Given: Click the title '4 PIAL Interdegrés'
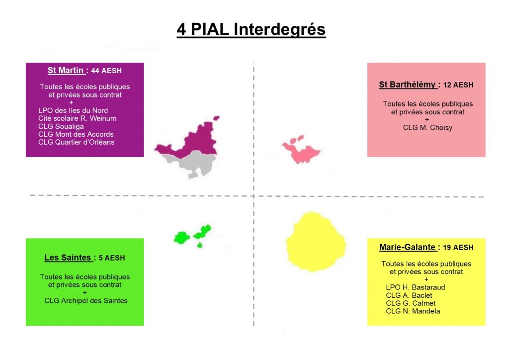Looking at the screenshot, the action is (x=251, y=29).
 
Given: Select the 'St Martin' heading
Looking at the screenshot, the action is (x=66, y=71).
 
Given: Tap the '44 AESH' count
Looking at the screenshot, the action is (x=106, y=71).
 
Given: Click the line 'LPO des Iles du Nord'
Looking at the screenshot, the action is (x=73, y=110).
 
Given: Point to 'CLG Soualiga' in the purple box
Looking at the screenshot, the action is (x=61, y=126).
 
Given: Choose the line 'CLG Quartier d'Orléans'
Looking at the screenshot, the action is (x=76, y=142).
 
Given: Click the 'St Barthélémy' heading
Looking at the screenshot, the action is (x=407, y=85).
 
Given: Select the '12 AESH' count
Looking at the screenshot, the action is (x=458, y=85).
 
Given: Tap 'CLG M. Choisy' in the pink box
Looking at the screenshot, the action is (x=427, y=128).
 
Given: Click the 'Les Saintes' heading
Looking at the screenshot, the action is (x=68, y=258).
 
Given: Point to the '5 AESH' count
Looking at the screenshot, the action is (x=112, y=258).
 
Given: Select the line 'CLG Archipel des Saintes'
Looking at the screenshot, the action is (x=85, y=301).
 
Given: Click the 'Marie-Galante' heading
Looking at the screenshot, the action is (x=407, y=247).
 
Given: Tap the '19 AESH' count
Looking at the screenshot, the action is (x=458, y=248).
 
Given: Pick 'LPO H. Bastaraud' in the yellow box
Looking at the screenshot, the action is (x=415, y=287).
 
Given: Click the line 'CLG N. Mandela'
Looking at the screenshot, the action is (x=413, y=311).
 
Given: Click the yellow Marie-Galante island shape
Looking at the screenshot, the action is (x=316, y=242).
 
